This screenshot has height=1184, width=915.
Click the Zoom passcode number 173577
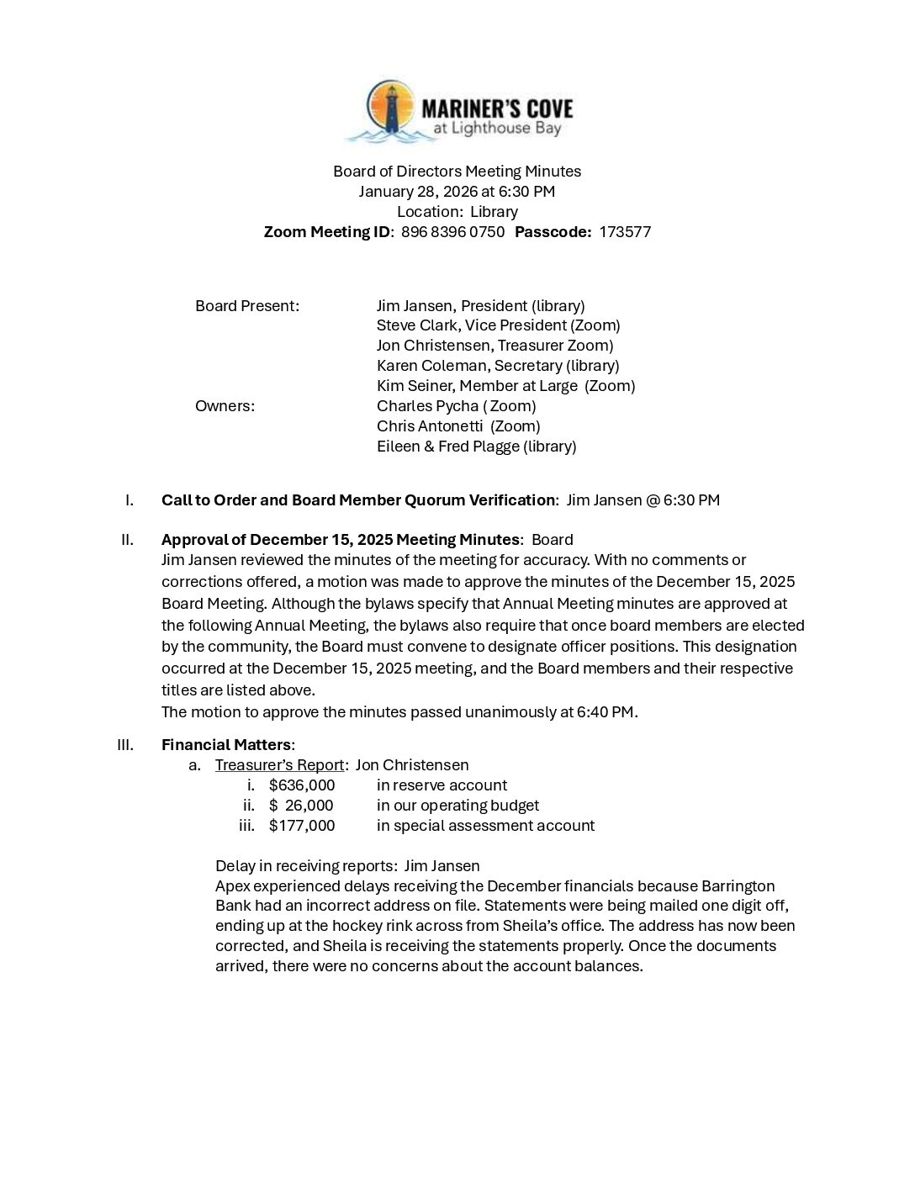point(625,232)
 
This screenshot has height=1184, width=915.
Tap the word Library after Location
point(494,212)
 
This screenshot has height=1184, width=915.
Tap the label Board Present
point(246,306)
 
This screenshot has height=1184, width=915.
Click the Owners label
point(225,406)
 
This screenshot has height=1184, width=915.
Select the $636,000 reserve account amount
point(302,785)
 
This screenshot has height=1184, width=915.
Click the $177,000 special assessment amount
point(302,826)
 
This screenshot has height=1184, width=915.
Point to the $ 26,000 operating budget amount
point(302,806)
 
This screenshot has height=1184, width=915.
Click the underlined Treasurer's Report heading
point(279,765)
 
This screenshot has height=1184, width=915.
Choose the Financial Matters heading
point(226,745)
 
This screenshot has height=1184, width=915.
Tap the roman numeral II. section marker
point(128,540)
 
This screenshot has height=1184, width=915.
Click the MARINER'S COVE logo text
point(496,108)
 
